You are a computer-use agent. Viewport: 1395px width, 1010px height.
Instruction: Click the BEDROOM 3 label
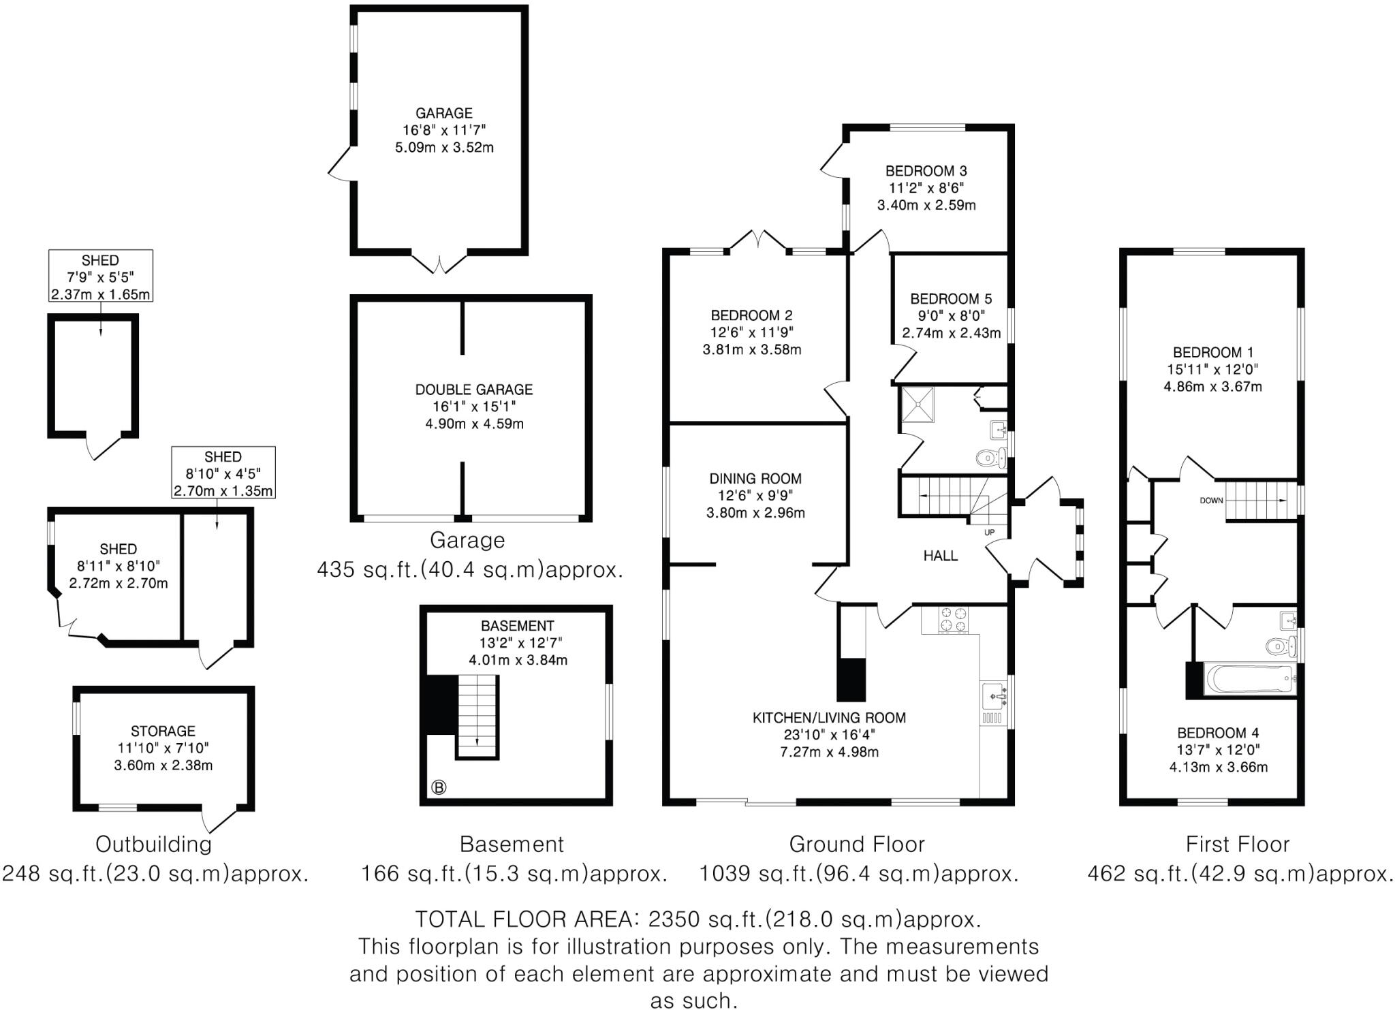pos(926,171)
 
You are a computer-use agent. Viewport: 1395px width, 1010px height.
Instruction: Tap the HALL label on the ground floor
pos(940,556)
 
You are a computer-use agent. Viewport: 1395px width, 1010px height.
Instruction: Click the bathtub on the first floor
pos(1249,679)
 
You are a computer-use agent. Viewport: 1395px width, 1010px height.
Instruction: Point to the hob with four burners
pos(953,619)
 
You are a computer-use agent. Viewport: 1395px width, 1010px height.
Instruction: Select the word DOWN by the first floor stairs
pos(1211,501)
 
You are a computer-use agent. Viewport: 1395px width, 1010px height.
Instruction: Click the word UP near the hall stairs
pos(989,532)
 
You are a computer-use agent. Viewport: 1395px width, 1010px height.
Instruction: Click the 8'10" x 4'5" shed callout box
pos(223,473)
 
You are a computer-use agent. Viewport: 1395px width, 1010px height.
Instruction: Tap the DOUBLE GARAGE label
pos(474,390)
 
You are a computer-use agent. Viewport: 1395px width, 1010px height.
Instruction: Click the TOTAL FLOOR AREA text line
pos(698,919)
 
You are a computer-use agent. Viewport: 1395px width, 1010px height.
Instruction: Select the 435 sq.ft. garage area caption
pos(470,569)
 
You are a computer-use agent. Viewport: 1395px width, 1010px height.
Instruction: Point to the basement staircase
pos(477,715)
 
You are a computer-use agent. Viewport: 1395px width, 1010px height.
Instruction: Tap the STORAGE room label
pos(163,731)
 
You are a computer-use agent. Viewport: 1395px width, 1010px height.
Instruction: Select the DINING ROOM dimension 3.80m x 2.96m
pos(755,513)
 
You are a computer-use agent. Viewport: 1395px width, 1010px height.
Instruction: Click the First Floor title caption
pos(1237,845)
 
